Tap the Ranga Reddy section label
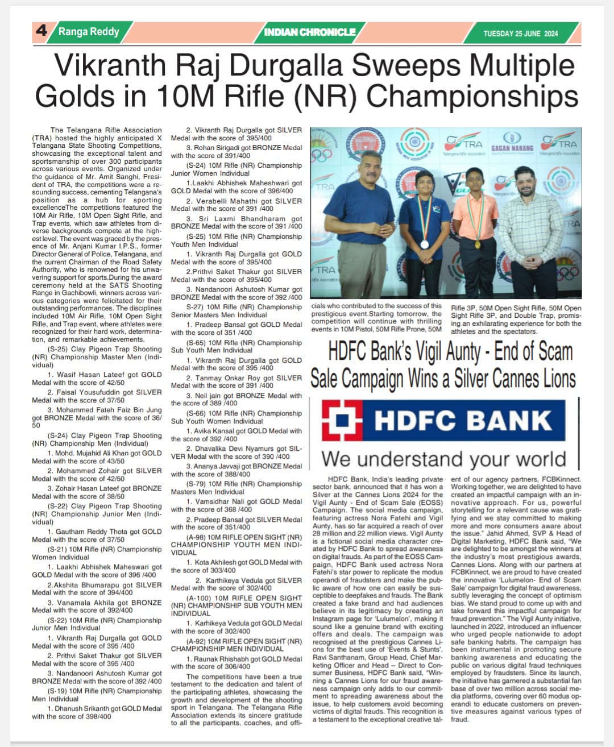point(89,31)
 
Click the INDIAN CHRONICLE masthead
point(310,32)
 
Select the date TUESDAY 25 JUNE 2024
point(520,34)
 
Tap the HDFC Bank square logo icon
point(342,421)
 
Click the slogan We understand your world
point(443,458)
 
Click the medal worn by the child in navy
point(424,244)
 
